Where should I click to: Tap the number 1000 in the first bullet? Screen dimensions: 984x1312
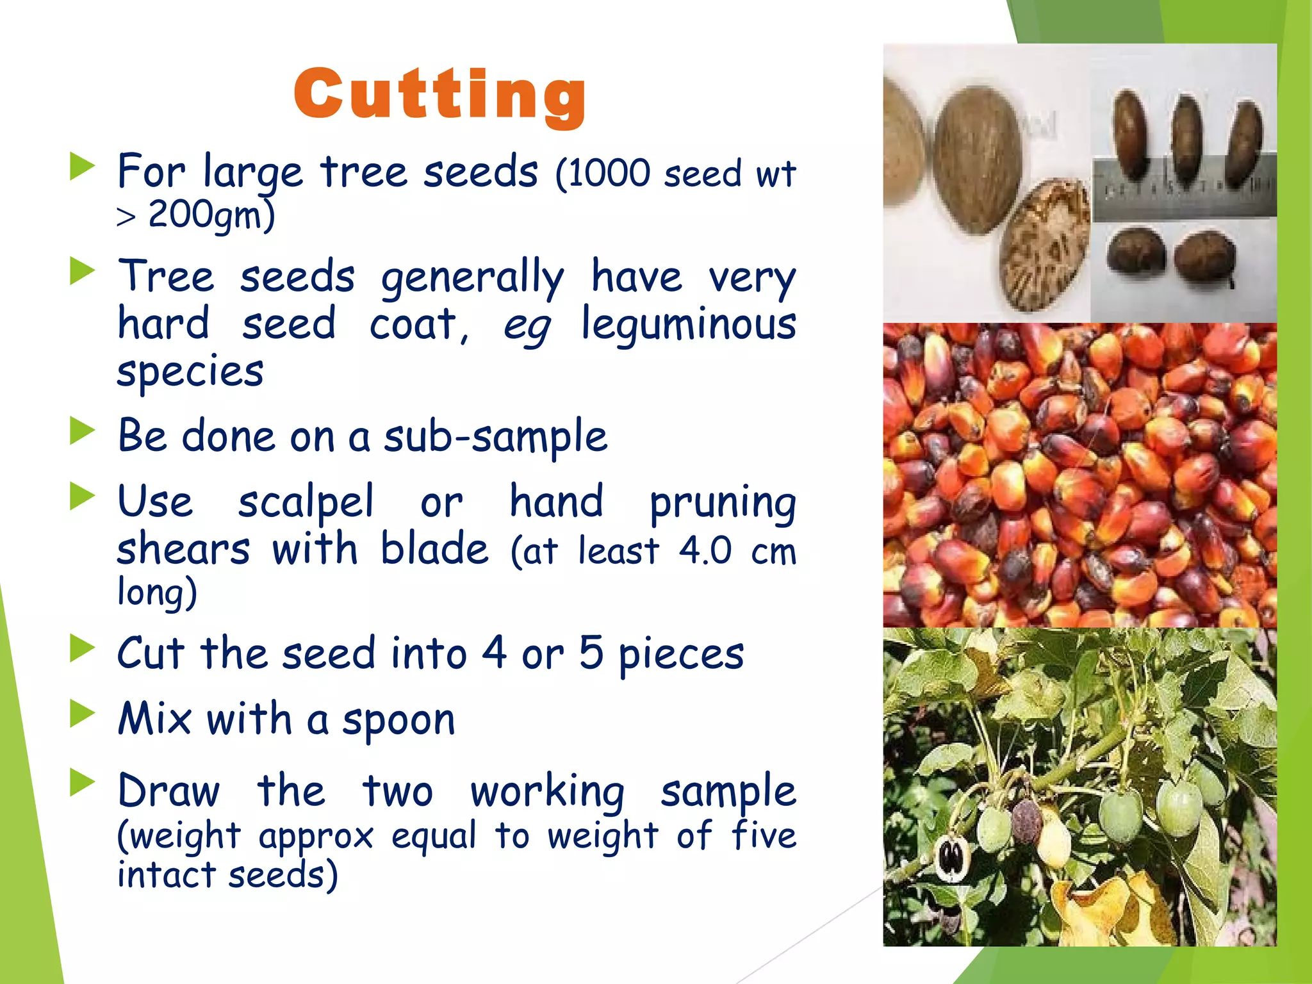[609, 173]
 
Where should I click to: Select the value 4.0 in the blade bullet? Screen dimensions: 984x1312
[705, 550]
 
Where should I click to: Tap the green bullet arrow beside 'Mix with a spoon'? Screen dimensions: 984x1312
[82, 714]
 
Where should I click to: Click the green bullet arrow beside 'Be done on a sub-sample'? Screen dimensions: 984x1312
[82, 431]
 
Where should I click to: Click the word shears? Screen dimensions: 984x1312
[183, 550]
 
